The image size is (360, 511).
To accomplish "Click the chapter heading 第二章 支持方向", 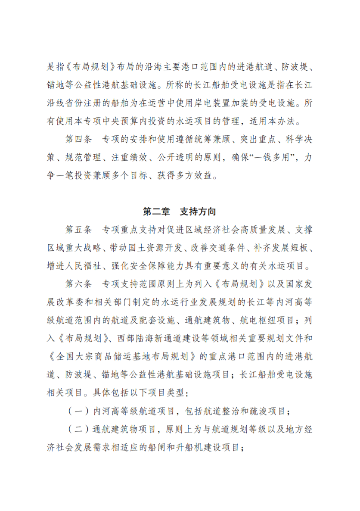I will click(x=180, y=212).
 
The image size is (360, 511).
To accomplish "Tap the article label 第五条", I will click(x=78, y=230).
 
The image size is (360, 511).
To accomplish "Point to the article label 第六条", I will click(x=78, y=284).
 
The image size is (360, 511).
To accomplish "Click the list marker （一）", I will click(x=78, y=411).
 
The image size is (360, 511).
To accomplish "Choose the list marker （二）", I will click(x=78, y=429).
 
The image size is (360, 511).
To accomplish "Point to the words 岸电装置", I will click(x=211, y=104).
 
